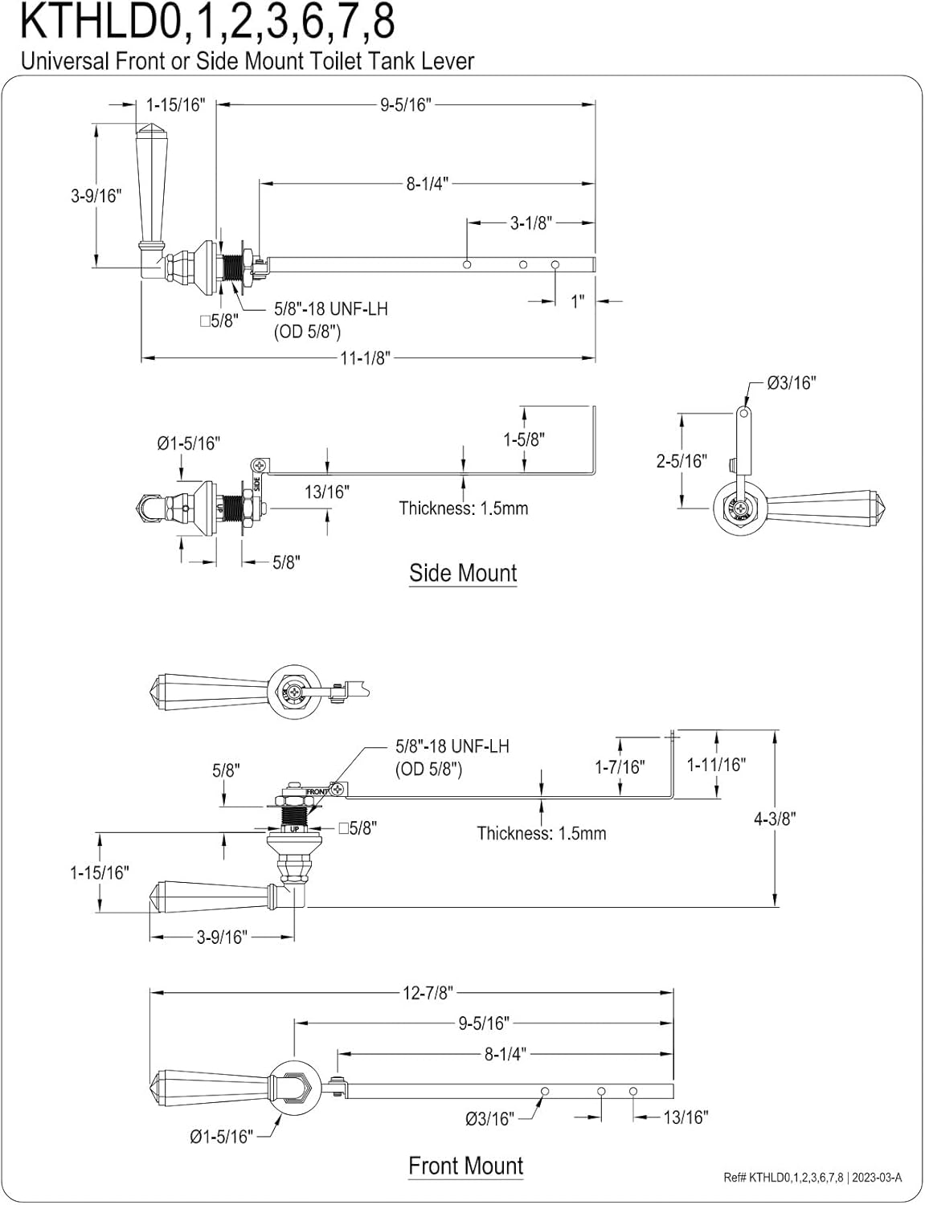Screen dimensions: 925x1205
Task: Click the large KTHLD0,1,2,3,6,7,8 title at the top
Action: pyautogui.click(x=207, y=22)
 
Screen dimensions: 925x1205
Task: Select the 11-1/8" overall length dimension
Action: pyautogui.click(x=366, y=357)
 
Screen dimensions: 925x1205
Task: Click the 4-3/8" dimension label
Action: pyautogui.click(x=775, y=819)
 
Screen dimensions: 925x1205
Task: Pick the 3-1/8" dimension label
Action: pyautogui.click(x=531, y=223)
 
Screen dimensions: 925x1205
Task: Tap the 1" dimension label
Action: pyautogui.click(x=578, y=302)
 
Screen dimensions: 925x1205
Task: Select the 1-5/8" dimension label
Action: pyautogui.click(x=524, y=439)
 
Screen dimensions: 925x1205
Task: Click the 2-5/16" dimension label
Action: pyautogui.click(x=682, y=461)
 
